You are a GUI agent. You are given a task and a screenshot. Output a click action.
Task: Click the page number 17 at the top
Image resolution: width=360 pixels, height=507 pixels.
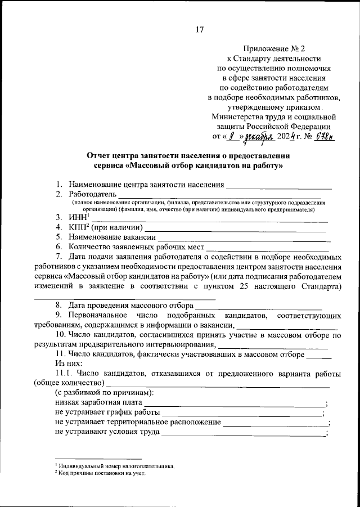pos(199,29)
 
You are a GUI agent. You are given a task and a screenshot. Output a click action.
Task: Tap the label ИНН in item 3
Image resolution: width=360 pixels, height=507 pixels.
pos(79,217)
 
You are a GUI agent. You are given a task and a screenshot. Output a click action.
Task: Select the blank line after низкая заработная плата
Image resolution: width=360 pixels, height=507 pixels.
pos(235,403)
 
